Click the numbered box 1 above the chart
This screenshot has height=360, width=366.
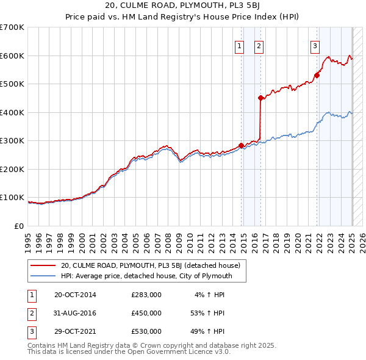coord(239,45)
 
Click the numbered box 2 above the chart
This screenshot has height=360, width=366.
coord(259,45)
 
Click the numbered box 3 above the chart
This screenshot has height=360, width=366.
coord(315,45)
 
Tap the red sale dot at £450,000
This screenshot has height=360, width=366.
coord(260,98)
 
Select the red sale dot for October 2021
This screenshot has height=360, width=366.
coord(317,76)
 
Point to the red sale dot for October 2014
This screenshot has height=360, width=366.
coord(241,145)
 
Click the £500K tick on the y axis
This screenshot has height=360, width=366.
coord(12,84)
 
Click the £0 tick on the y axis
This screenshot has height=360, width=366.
coord(19,226)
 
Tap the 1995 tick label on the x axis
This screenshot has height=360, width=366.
coord(28,237)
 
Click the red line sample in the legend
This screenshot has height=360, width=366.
coord(43,265)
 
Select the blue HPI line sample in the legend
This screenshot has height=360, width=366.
coord(43,276)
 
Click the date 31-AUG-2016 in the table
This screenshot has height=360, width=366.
coord(75,313)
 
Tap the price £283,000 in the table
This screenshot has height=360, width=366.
coord(146,295)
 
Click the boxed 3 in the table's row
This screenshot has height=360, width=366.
coord(31,331)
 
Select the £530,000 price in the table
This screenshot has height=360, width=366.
coord(146,331)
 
